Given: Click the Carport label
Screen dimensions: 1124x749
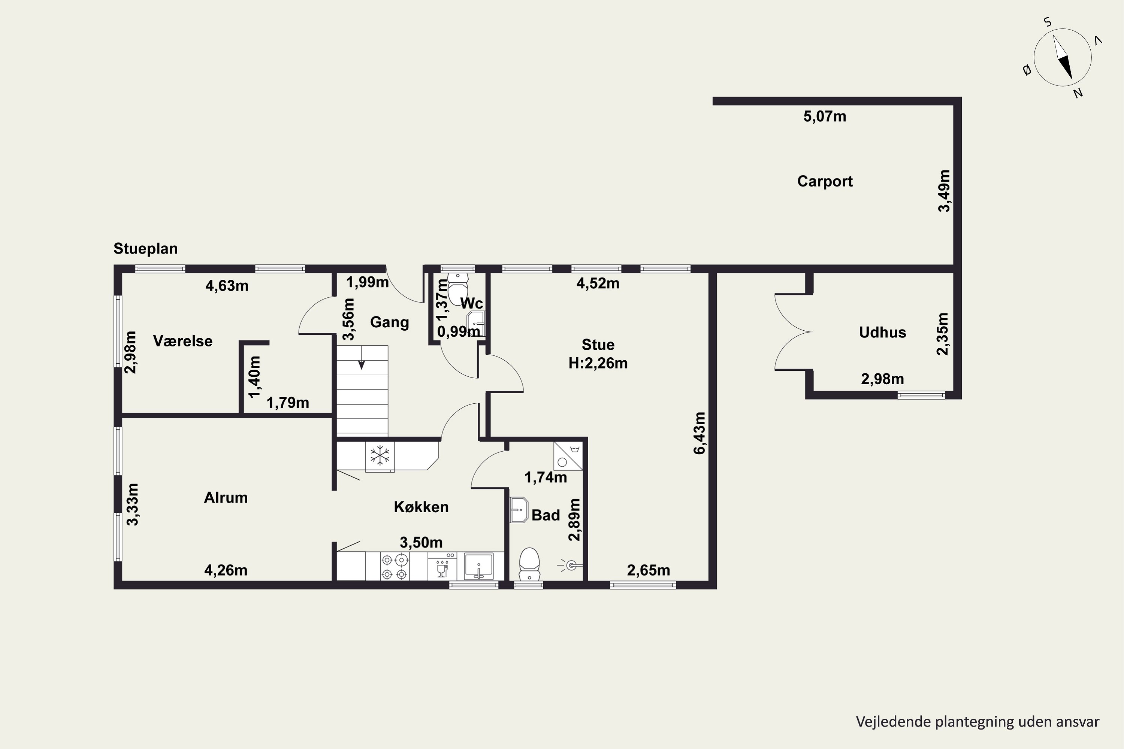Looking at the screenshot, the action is click(825, 182).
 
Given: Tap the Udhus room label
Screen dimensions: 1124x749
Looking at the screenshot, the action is click(882, 333).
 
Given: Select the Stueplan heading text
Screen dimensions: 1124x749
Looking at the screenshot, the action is click(145, 249).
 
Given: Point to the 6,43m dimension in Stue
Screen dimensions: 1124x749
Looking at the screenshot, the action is click(699, 433).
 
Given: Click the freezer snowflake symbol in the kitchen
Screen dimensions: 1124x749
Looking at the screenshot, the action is click(380, 456).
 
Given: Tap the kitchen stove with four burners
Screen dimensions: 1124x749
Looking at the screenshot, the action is click(395, 567).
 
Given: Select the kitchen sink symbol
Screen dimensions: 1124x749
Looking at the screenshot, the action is click(478, 567).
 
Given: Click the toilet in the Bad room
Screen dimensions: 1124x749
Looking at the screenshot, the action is click(529, 564).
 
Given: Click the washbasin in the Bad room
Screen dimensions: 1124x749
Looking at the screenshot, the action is click(519, 510).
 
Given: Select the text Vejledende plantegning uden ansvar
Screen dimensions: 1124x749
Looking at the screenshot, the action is click(977, 721).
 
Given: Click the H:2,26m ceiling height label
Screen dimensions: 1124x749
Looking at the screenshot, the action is click(598, 364).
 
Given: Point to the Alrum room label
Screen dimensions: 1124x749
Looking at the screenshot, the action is click(226, 498).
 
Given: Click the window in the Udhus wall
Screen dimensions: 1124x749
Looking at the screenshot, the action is click(921, 395).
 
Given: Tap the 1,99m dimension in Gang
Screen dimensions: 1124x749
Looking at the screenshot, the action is click(368, 282).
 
